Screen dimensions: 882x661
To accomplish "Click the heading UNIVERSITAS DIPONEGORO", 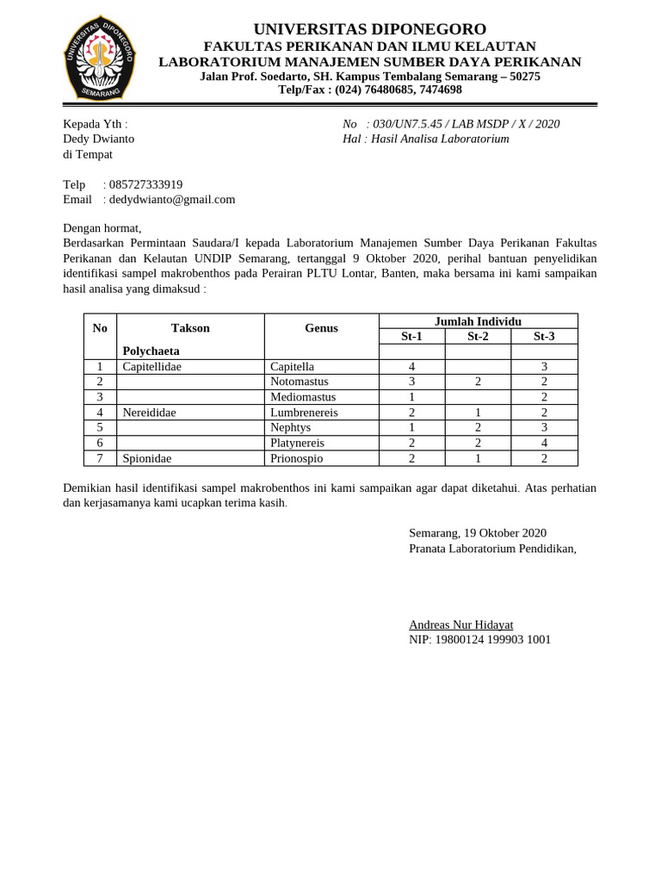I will tap(369, 28).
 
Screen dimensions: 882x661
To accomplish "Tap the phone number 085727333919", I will tap(145, 184).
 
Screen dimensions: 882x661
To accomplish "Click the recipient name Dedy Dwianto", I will tap(98, 139).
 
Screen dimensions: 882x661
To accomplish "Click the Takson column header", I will tap(190, 328).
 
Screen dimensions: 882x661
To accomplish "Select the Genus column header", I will tap(321, 328).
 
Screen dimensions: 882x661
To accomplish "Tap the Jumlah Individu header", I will tap(478, 321).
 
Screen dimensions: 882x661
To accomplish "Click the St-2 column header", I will tap(478, 336).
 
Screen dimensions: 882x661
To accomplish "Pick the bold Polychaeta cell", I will tap(151, 351).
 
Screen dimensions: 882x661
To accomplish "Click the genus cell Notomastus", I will tap(299, 382).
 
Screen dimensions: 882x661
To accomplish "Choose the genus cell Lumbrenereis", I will tap(304, 413).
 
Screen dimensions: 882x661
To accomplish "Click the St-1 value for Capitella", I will tap(411, 367).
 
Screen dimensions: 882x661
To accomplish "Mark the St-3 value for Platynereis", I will tap(544, 443).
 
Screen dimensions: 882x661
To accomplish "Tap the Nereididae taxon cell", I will tap(149, 413).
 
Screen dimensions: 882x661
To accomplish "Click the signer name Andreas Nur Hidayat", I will tap(460, 624).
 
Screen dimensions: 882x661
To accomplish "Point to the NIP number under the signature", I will tap(479, 639).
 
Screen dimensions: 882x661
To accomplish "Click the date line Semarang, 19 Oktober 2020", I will tap(477, 533).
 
